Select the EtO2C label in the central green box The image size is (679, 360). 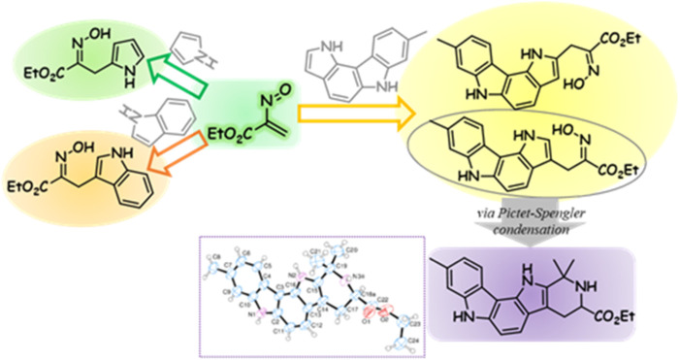click(x=234, y=126)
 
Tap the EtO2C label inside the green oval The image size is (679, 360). click(x=33, y=68)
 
